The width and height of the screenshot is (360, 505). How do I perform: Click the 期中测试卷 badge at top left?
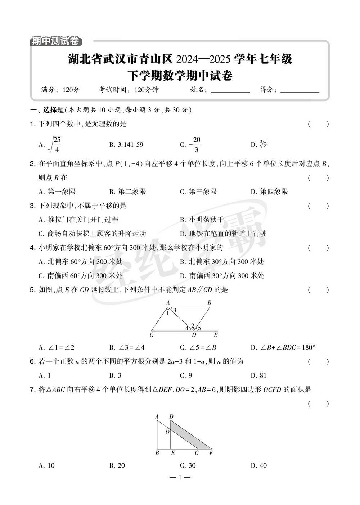click(55, 41)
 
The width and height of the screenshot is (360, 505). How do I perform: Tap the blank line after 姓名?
click(230, 91)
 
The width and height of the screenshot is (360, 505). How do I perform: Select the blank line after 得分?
click(300, 91)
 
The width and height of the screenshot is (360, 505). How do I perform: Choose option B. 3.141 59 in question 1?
click(126, 145)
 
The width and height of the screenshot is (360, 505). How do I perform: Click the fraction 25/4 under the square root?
click(57, 144)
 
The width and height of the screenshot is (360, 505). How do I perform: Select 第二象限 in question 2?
click(128, 191)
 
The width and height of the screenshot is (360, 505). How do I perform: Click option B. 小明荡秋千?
click(202, 220)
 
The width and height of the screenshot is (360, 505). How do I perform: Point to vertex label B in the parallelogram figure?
click(209, 303)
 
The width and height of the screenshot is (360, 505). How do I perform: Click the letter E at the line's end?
click(216, 335)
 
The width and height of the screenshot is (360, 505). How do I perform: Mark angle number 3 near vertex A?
click(175, 310)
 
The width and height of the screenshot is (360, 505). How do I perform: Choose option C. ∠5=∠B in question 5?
click(198, 348)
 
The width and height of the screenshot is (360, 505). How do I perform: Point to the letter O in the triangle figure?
click(167, 432)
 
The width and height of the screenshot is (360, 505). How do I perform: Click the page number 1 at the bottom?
click(180, 478)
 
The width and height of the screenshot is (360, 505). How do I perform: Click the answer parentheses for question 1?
click(318, 125)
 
